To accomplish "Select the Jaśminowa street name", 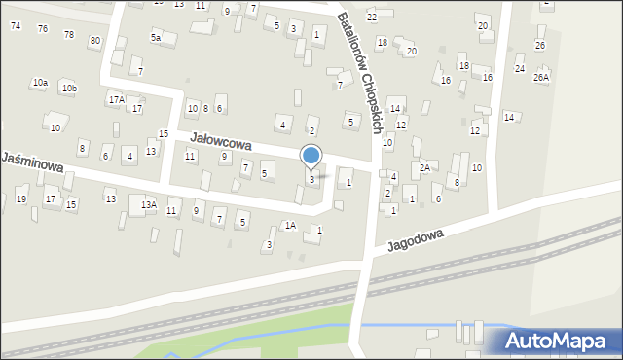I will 33,162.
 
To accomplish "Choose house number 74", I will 16,25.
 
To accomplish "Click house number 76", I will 43,29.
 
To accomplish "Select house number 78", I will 68,35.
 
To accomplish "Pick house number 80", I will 94,41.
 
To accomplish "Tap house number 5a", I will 155,38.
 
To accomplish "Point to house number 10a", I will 39,84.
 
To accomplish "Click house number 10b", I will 68,89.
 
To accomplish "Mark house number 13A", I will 148,205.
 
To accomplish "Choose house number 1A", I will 290,226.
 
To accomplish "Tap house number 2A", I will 424,168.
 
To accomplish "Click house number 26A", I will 541,77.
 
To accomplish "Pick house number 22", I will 372,18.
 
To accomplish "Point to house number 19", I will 21,199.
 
